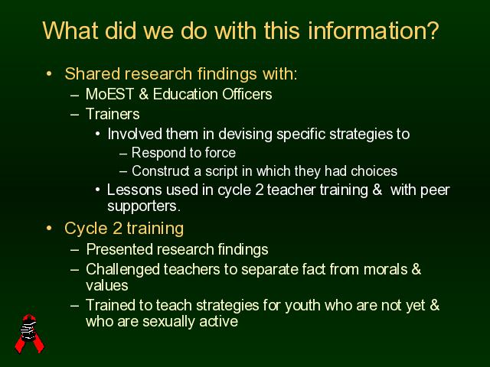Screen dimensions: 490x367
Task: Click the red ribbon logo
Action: click(x=29, y=333)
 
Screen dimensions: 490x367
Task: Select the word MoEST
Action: click(x=109, y=94)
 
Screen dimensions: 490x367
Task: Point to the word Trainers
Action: click(x=113, y=114)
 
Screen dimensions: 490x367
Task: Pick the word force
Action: click(x=220, y=153)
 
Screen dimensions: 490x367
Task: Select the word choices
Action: click(x=374, y=171)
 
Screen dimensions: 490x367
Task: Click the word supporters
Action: click(x=144, y=206)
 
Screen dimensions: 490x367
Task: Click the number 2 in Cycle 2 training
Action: click(x=117, y=229)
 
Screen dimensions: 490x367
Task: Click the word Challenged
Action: click(x=122, y=270)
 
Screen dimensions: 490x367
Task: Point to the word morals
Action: click(x=385, y=269)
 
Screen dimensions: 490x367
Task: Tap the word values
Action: click(x=107, y=285)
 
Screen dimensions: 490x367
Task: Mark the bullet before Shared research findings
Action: click(x=49, y=74)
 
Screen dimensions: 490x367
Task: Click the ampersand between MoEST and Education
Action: click(x=143, y=94)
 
